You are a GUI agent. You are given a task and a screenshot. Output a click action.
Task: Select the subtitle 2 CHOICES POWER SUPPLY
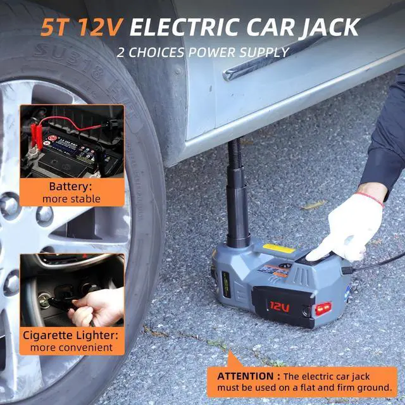(202, 52)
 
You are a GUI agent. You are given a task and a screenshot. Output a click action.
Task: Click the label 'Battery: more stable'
(72, 192)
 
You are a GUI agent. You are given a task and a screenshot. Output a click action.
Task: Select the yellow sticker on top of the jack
(278, 249)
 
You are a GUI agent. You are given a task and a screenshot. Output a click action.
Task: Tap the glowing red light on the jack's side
(323, 308)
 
